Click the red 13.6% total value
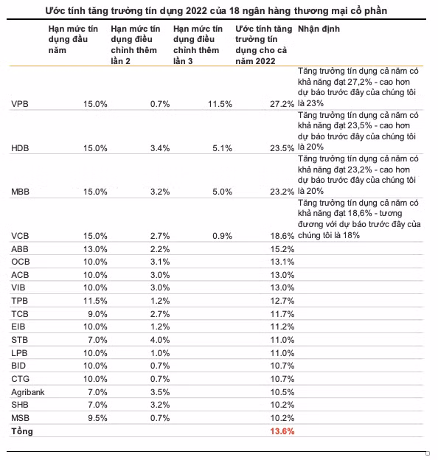coord(282,431)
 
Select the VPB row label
coord(20,104)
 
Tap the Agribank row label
coord(28,392)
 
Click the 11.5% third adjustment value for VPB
coord(220,104)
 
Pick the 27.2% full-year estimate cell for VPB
coord(282,104)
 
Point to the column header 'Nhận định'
coord(319,29)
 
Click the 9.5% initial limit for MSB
coord(97,418)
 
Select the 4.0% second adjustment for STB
coord(160,340)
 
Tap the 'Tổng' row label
coord(22,431)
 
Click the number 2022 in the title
coord(196,11)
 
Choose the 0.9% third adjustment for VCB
coord(223,236)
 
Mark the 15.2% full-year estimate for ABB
coord(282,249)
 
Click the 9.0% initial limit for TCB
coord(97,314)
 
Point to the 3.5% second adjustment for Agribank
coord(160,392)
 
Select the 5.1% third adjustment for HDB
coord(223,148)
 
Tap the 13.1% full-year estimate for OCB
coord(282,262)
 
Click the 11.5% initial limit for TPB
coord(95,301)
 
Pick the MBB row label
coord(20,192)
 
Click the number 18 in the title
coord(234,11)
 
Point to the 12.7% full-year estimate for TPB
coord(282,301)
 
